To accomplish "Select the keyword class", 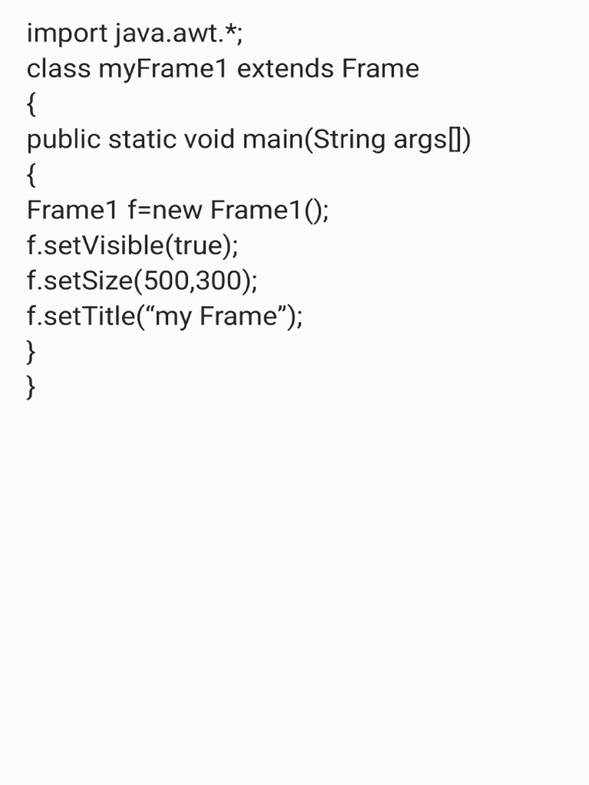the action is [x=58, y=69].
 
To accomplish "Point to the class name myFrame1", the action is [x=163, y=69].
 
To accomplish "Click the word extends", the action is [x=285, y=69].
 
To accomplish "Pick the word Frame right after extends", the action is [x=380, y=69].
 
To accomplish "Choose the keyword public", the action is [x=64, y=140].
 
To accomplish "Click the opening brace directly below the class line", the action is [x=31, y=105].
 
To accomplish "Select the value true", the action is [x=198, y=245].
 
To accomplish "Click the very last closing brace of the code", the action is [x=31, y=387].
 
